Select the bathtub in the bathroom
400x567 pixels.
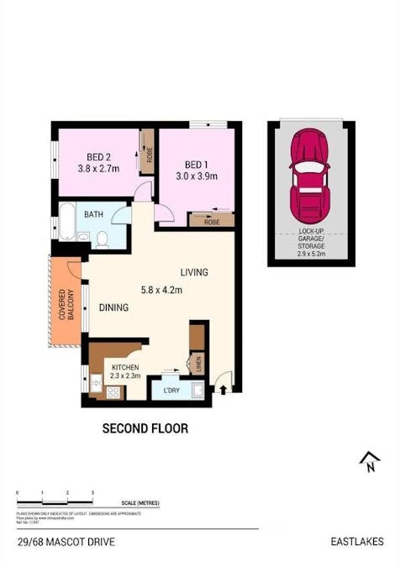pyautogui.click(x=66, y=225)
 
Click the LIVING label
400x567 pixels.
pyautogui.click(x=193, y=273)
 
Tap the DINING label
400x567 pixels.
pyautogui.click(x=113, y=307)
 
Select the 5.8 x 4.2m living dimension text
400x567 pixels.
pyautogui.click(x=163, y=290)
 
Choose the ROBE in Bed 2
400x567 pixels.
pyautogui.click(x=147, y=152)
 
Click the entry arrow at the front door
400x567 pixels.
pyautogui.click(x=222, y=388)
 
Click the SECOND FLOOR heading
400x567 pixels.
pyautogui.click(x=145, y=428)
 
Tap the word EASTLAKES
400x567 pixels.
pyautogui.click(x=357, y=542)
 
